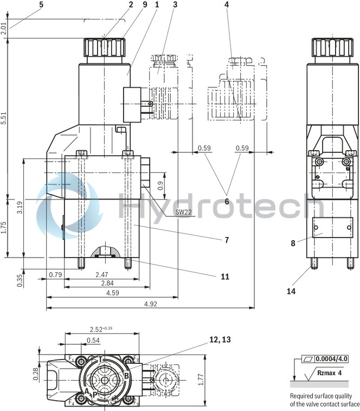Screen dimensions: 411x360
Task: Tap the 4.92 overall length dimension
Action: tap(150, 304)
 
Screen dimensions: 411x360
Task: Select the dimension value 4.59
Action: tap(112, 293)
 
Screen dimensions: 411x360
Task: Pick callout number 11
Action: tap(225, 277)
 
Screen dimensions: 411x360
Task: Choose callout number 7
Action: tap(227, 239)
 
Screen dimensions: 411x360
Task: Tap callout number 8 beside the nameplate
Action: tap(293, 243)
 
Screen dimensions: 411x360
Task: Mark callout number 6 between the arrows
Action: tap(227, 202)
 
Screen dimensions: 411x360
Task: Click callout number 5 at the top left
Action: tap(41, 5)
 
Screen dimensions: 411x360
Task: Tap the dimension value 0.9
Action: tap(160, 185)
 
